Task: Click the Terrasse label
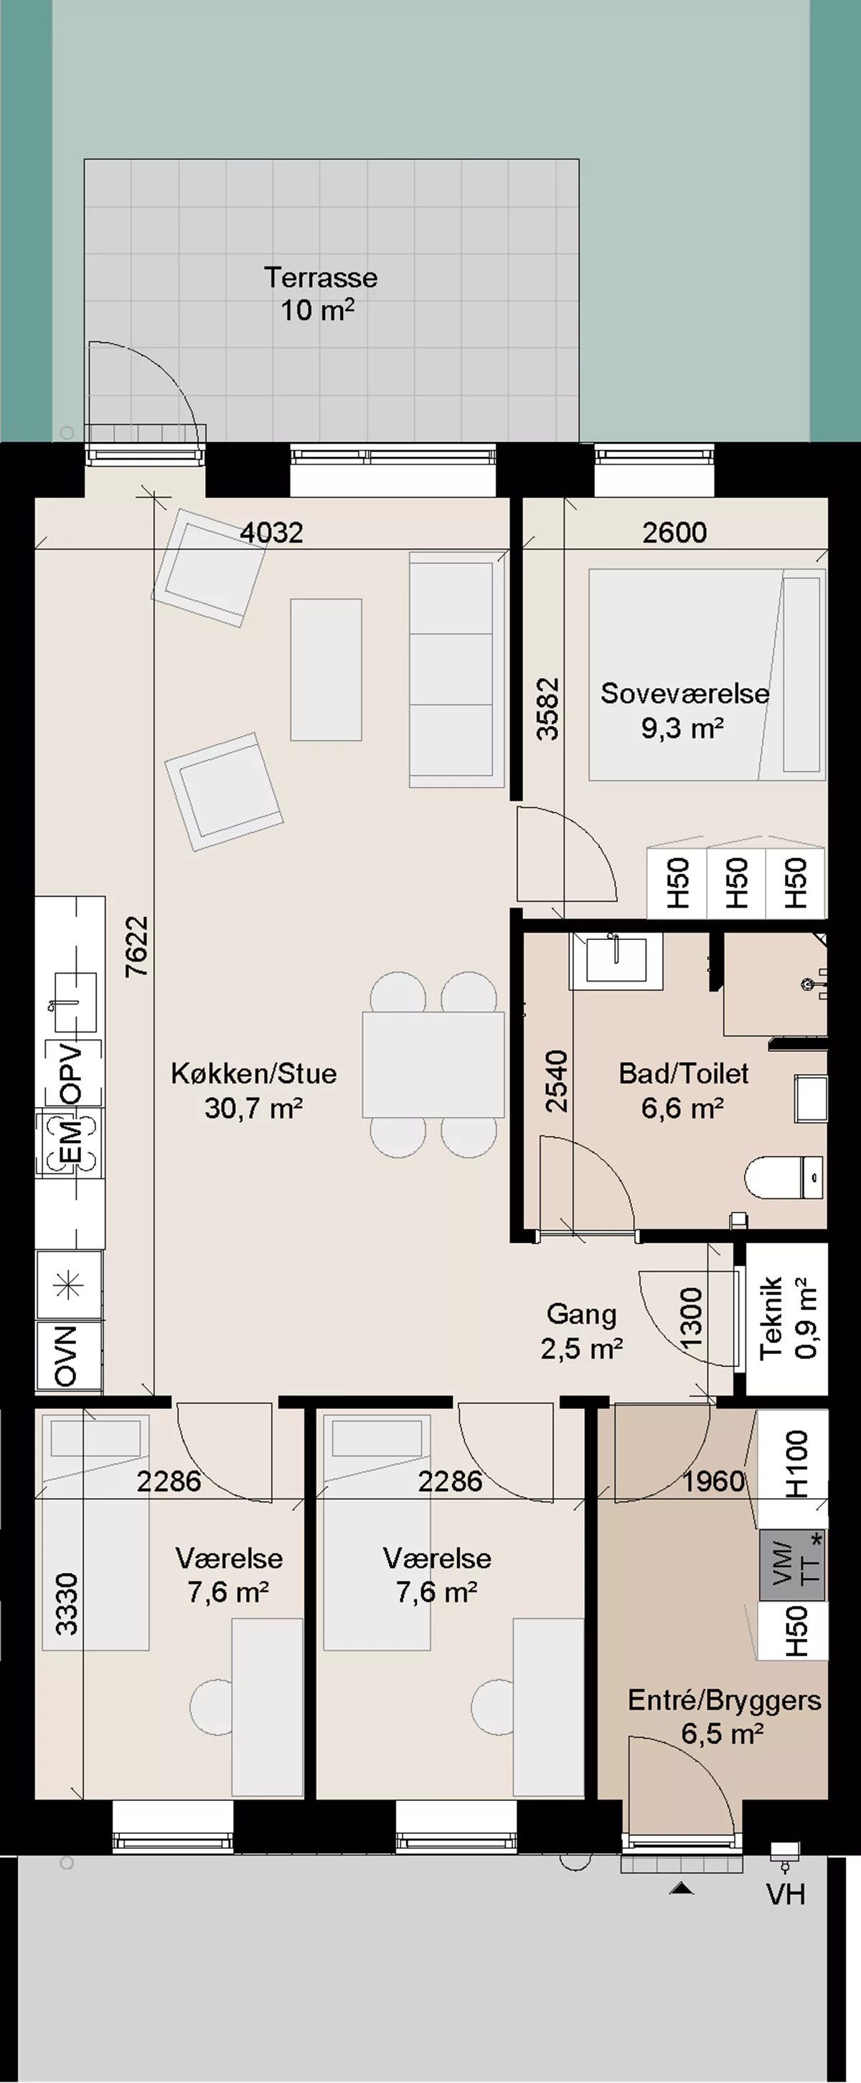pos(321,278)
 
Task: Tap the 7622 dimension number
pos(138,946)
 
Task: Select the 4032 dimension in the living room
pos(272,532)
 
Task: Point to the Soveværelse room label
pos(684,693)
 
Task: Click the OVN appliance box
pos(69,1357)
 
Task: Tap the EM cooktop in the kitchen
pos(70,1142)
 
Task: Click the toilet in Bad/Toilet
pos(784,1177)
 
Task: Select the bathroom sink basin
pos(616,961)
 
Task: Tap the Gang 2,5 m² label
pos(581,1331)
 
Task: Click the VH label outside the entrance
pos(786,1894)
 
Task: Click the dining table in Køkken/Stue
pos(433,1064)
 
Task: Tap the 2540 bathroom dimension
pos(556,1081)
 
